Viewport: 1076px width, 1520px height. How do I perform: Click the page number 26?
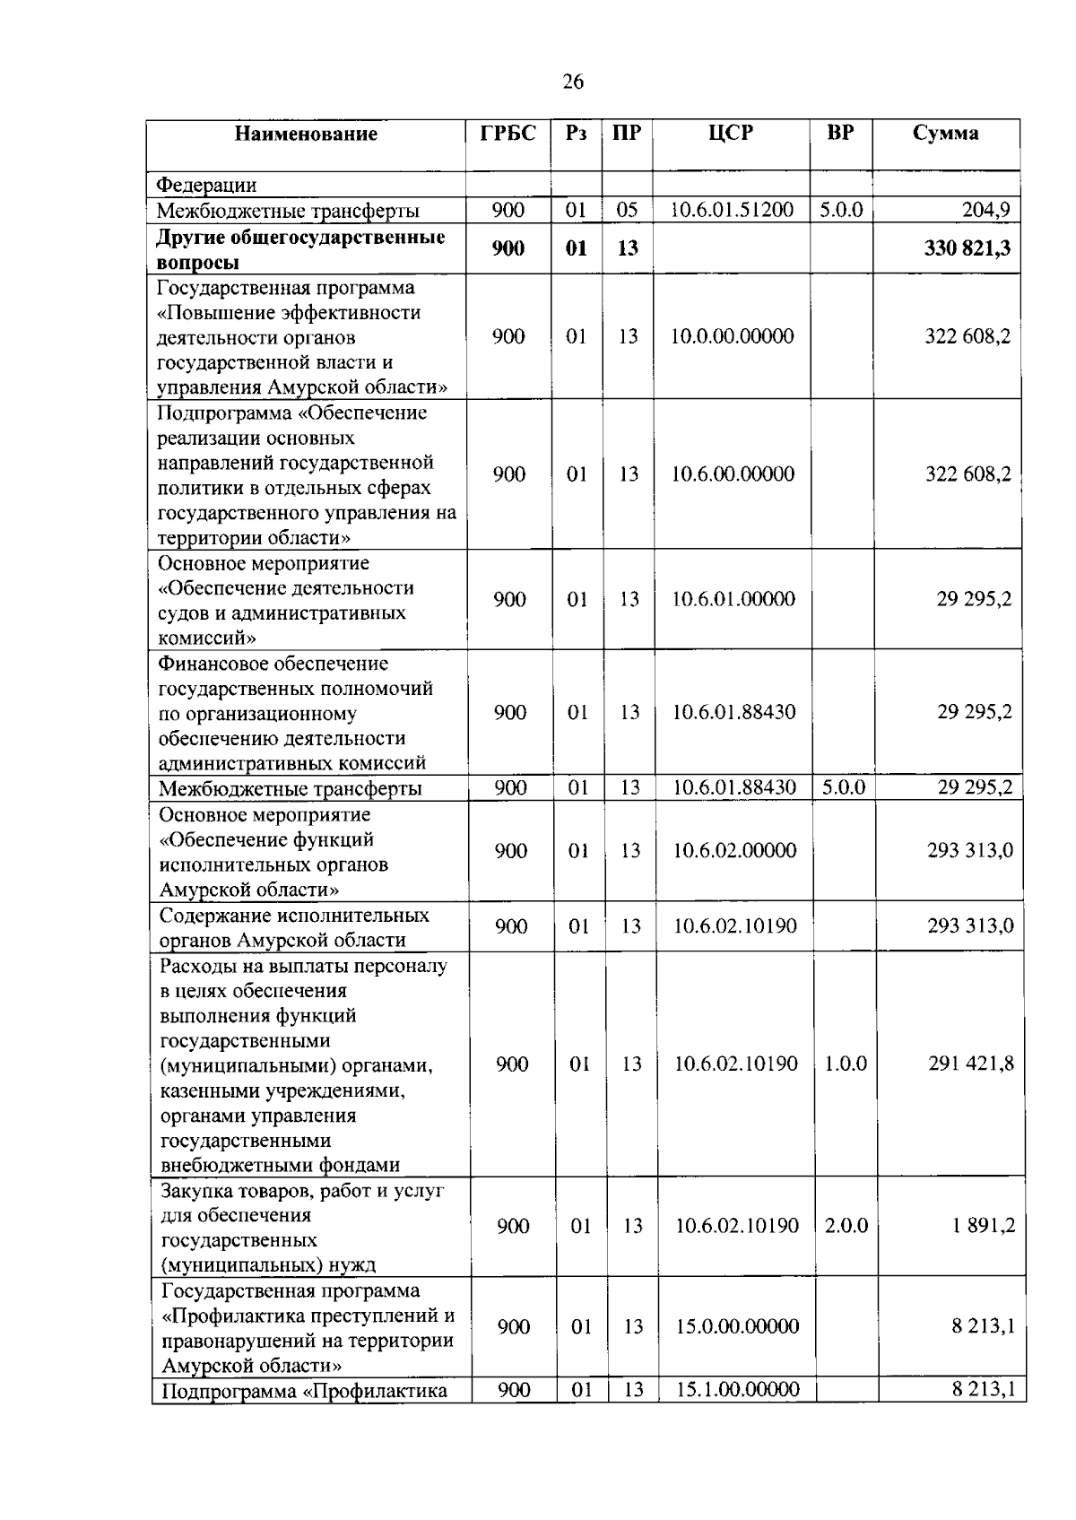click(x=573, y=83)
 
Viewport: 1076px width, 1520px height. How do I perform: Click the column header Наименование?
click(x=306, y=135)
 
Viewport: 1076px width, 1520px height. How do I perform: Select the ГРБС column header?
click(x=508, y=134)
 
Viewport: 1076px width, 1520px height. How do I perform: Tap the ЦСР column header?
click(x=731, y=134)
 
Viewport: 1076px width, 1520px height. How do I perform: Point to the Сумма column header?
click(x=945, y=134)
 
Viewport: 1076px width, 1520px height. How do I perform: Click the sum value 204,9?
click(x=985, y=211)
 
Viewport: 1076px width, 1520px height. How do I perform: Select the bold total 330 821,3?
click(x=967, y=248)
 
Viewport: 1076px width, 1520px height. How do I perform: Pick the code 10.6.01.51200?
click(x=733, y=211)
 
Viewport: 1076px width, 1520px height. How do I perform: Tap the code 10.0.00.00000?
click(x=733, y=336)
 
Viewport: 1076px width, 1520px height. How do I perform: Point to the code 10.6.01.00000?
click(x=733, y=599)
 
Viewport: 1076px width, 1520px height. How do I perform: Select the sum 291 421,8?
click(x=971, y=1064)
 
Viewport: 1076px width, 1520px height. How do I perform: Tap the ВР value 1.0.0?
click(x=846, y=1064)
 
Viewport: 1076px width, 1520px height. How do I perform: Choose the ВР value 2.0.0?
click(x=846, y=1226)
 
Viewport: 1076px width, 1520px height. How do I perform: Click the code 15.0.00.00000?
click(x=737, y=1326)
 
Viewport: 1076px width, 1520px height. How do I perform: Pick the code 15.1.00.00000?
click(x=737, y=1390)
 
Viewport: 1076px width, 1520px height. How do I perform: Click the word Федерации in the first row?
click(x=207, y=186)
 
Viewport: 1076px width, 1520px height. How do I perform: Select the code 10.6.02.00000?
click(x=735, y=850)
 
